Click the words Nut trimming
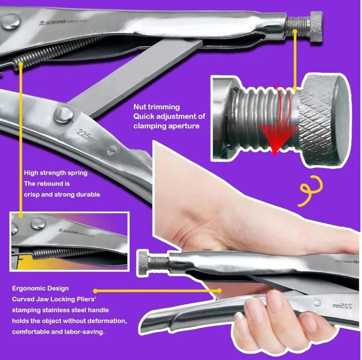coord(156,107)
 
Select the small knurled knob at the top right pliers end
coord(316,26)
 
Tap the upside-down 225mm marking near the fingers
coord(342,306)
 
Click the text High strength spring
coord(56,173)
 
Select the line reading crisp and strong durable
coord(62,194)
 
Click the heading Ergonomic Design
coord(40,288)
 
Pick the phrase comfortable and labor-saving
coord(58,332)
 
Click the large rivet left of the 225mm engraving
coord(64,115)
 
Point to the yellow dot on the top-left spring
coord(21,64)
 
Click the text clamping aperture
coord(166,126)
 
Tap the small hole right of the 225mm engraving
coord(111,149)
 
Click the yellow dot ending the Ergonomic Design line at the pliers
coord(219,290)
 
